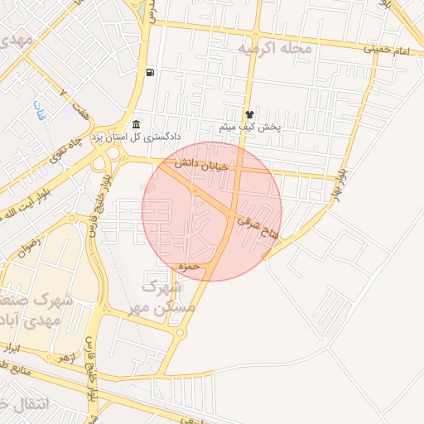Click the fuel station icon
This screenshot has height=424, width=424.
(149, 72)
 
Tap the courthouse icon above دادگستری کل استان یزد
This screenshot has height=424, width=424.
(136, 124)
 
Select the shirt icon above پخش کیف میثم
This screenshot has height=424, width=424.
(249, 114)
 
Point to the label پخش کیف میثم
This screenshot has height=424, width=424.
(250, 128)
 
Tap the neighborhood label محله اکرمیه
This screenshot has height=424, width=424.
(275, 49)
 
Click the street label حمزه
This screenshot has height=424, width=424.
(190, 267)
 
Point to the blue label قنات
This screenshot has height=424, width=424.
(38, 108)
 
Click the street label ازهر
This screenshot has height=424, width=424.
(62, 358)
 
